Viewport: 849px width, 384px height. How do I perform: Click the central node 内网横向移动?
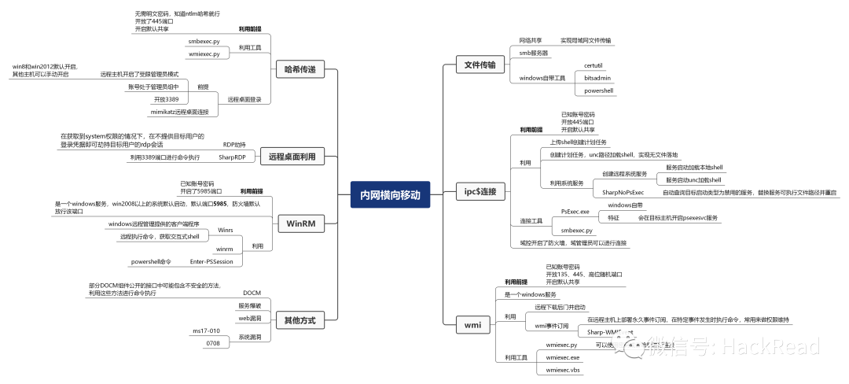click(x=391, y=194)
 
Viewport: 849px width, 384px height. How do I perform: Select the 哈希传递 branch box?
click(x=300, y=70)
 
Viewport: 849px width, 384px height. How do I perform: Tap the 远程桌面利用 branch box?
click(x=291, y=157)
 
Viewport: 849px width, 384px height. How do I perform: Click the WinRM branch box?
click(x=300, y=224)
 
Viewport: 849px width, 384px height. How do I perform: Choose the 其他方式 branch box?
click(x=299, y=319)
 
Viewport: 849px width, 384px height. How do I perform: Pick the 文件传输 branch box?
click(x=480, y=65)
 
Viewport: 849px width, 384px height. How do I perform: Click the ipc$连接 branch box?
click(x=480, y=191)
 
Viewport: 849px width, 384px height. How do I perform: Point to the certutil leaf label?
click(x=594, y=65)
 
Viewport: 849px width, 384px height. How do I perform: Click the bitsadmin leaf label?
click(x=597, y=78)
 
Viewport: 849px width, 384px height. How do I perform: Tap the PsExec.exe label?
click(x=575, y=211)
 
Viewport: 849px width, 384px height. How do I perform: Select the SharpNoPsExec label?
click(x=623, y=192)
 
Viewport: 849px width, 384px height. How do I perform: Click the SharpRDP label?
click(x=233, y=157)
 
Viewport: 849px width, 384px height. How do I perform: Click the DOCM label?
click(x=252, y=293)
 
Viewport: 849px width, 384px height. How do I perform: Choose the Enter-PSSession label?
click(x=211, y=261)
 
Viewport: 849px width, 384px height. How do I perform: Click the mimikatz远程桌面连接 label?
click(x=186, y=112)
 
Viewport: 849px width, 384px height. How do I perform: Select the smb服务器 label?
click(x=534, y=53)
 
